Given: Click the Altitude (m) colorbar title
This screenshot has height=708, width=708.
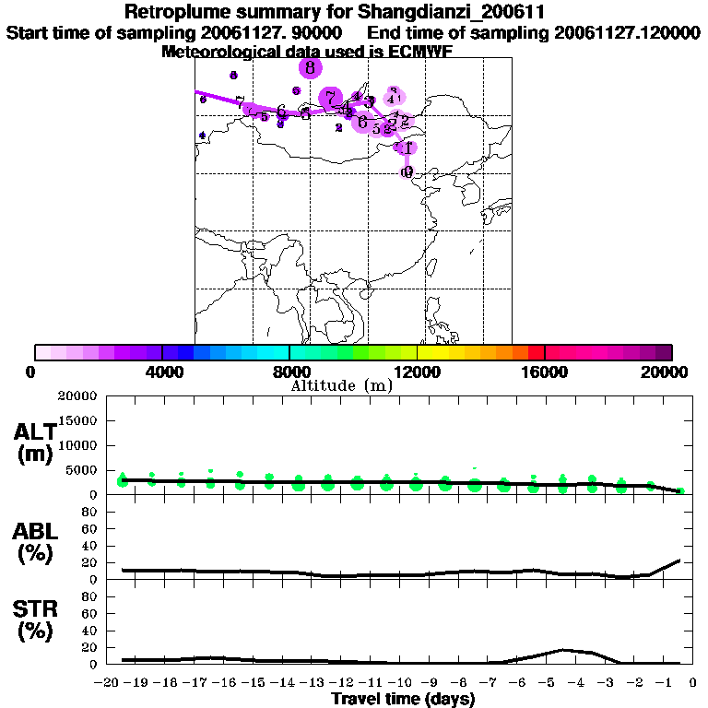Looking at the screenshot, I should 341,385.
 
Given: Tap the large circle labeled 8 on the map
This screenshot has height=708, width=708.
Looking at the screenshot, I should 310,67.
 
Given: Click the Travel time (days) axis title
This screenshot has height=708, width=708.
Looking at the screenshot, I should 403,700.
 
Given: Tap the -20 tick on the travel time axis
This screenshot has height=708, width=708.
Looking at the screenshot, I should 108,683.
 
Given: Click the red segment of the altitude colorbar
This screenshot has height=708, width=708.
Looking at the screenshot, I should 536,352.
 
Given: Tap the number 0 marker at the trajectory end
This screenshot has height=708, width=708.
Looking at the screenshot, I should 407,171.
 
